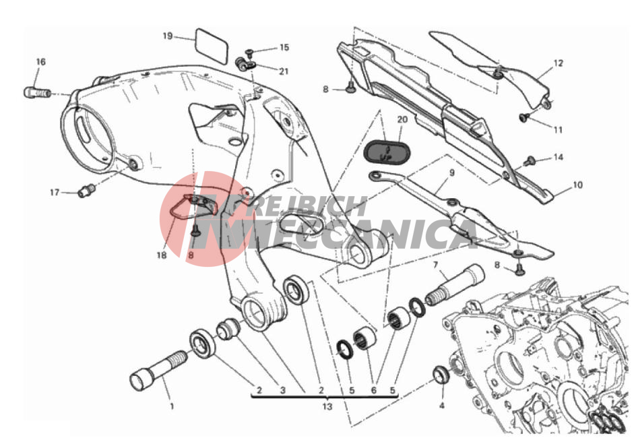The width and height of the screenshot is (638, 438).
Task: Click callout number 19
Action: coord(168,36)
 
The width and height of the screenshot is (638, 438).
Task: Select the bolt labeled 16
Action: coord(37,92)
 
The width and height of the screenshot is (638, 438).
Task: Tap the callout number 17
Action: coord(55,192)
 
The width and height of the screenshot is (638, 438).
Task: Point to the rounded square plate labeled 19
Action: coord(212,45)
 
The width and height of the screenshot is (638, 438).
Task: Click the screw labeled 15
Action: coord(249,52)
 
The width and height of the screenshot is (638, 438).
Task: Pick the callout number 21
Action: coord(284,71)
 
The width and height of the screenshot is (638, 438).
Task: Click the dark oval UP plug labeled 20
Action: coord(385,152)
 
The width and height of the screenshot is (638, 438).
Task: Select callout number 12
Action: coord(559,63)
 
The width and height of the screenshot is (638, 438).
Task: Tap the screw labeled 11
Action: coord(523,117)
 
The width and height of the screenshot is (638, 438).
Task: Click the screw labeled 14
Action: coord(529,161)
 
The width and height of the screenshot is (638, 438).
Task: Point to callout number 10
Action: coord(578,185)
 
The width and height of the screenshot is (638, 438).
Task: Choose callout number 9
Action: coord(451,173)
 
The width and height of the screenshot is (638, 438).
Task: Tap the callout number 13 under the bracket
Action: coord(327,406)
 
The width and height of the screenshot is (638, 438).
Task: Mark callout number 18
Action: coord(162,255)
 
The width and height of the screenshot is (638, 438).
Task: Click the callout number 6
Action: coord(373,390)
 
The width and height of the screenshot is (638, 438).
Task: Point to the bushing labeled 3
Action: coord(228,329)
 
